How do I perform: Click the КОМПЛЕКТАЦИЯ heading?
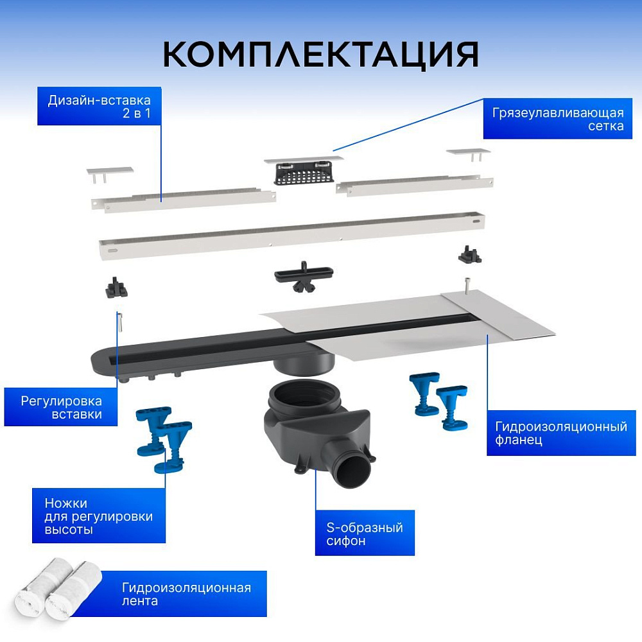(x=320, y=54)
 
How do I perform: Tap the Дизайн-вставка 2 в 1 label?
(x=100, y=106)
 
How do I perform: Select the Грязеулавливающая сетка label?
(x=558, y=119)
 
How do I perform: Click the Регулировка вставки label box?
(x=61, y=407)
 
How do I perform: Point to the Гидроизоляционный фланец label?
(x=561, y=433)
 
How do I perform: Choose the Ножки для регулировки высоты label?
(x=99, y=516)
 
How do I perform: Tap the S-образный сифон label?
(x=365, y=533)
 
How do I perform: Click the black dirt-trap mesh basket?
(x=304, y=173)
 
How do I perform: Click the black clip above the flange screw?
(x=470, y=255)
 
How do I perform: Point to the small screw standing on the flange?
(x=467, y=285)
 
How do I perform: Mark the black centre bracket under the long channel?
(x=304, y=275)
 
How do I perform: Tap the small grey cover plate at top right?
(x=468, y=152)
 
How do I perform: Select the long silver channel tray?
(x=292, y=236)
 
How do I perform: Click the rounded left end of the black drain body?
(x=101, y=360)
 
